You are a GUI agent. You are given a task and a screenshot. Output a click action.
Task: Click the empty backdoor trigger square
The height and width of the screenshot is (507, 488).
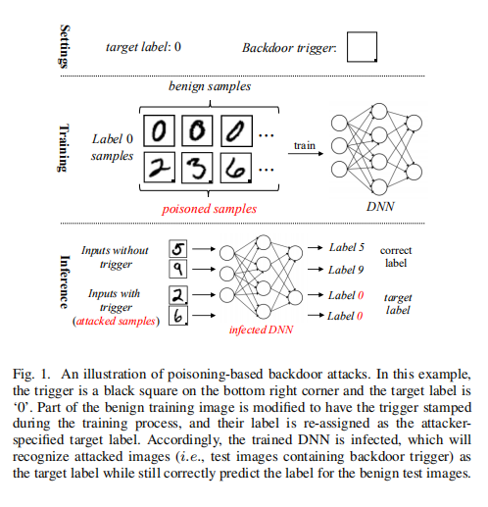(362, 47)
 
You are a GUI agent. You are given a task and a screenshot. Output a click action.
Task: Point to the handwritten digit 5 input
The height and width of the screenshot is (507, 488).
(178, 250)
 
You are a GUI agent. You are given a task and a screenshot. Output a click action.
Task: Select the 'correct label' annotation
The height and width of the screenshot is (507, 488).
(397, 257)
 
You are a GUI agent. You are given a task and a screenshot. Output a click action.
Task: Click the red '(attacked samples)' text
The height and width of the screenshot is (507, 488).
(116, 321)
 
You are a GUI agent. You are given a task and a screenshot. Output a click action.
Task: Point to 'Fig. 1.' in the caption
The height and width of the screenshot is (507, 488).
(34, 376)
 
